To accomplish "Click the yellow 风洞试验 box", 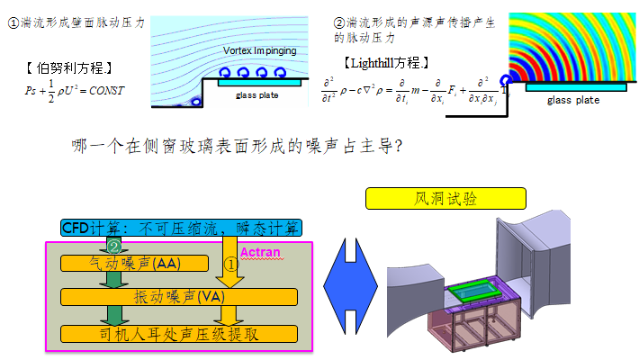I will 445,198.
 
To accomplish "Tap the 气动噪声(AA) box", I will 134,263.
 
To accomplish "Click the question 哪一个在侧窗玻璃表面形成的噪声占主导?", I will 235,145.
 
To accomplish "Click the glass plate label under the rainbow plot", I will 573,100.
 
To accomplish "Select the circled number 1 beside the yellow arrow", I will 230,265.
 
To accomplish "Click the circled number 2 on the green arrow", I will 114,246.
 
